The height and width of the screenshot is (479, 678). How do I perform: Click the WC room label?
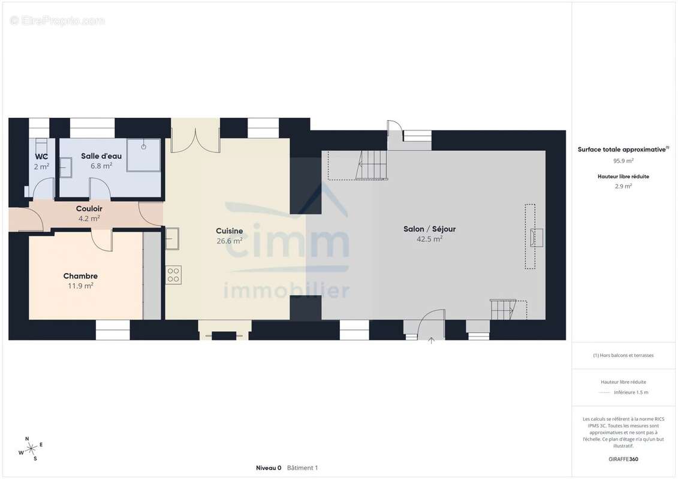pyautogui.click(x=41, y=156)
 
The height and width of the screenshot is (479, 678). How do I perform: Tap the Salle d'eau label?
pyautogui.click(x=101, y=156)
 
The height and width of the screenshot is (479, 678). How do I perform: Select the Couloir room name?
pyautogui.click(x=89, y=208)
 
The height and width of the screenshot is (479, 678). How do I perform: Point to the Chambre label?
pyautogui.click(x=80, y=276)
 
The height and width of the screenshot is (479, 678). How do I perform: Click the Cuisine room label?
pyautogui.click(x=229, y=231)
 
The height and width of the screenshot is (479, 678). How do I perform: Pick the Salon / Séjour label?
pyautogui.click(x=429, y=229)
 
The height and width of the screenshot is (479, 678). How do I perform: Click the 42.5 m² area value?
pyautogui.click(x=429, y=239)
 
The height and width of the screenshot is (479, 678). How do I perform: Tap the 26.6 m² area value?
pyautogui.click(x=229, y=241)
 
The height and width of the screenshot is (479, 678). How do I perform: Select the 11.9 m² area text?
pyautogui.click(x=80, y=286)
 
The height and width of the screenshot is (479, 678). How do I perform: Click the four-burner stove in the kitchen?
pyautogui.click(x=173, y=275)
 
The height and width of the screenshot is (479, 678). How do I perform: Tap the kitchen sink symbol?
pyautogui.click(x=172, y=238)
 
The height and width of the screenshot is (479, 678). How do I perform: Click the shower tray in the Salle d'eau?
pyautogui.click(x=143, y=155)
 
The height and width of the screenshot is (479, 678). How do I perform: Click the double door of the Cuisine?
pyautogui.click(x=195, y=140)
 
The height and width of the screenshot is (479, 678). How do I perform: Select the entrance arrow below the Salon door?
pyautogui.click(x=431, y=340)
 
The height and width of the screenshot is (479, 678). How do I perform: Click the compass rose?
pyautogui.click(x=31, y=449)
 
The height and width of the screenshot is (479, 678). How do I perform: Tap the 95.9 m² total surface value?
pyautogui.click(x=623, y=160)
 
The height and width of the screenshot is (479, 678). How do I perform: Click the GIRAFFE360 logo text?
pyautogui.click(x=623, y=459)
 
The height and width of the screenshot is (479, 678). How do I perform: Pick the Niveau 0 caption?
pyautogui.click(x=269, y=468)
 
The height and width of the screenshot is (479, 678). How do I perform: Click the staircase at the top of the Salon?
pyautogui.click(x=372, y=165)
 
